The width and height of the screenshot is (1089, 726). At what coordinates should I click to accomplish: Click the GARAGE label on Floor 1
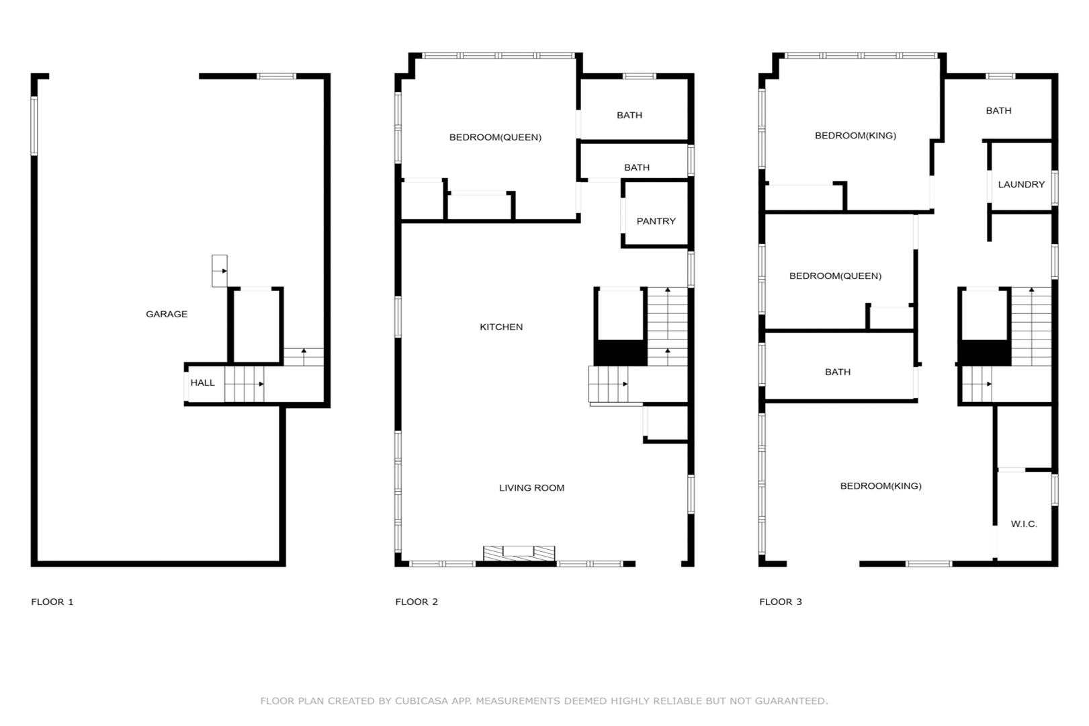click(x=166, y=315)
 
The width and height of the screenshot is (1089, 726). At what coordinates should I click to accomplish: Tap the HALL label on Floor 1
click(x=202, y=383)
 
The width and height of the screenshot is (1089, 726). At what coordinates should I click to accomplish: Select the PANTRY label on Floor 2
click(x=656, y=221)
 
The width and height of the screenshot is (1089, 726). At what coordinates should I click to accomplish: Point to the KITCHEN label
click(x=500, y=327)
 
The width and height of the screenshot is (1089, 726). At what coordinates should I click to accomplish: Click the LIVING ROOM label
click(x=531, y=488)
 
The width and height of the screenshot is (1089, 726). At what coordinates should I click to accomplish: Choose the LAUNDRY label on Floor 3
click(x=1021, y=184)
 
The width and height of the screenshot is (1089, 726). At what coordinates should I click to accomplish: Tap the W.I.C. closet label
click(x=1024, y=524)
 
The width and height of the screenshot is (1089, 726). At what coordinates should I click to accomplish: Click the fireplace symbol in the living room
click(x=519, y=553)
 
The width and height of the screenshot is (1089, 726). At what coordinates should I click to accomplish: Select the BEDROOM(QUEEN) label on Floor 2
click(x=495, y=137)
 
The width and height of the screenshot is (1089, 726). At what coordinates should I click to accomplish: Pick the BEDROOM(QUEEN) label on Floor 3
click(x=835, y=276)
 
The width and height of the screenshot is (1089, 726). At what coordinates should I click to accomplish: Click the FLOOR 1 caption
click(x=52, y=602)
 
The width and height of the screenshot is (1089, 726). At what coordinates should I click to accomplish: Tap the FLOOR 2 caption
click(x=416, y=602)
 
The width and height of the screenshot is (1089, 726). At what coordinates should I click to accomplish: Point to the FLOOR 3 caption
click(x=780, y=602)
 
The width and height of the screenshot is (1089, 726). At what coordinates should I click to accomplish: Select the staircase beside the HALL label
click(x=244, y=384)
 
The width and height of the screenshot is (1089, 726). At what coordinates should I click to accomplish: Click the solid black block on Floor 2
click(x=620, y=353)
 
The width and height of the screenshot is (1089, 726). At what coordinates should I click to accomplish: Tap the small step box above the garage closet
click(x=219, y=271)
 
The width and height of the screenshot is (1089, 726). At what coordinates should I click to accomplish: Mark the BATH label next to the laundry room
click(x=998, y=111)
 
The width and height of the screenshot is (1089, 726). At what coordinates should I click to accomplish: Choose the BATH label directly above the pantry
click(x=636, y=168)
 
